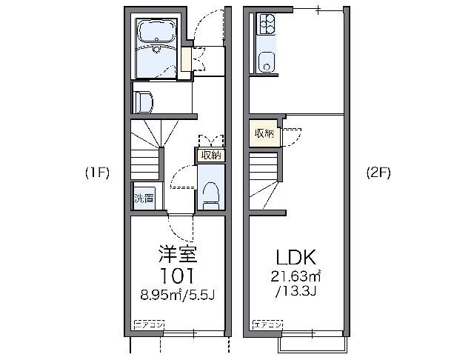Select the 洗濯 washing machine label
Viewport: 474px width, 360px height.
[144, 198]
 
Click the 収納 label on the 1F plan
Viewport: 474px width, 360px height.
[210, 155]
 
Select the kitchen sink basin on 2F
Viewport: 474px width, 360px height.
[265, 63]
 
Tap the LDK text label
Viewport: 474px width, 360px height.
[296, 258]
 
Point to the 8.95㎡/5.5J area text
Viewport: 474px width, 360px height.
[178, 296]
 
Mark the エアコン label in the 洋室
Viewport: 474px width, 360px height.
[149, 324]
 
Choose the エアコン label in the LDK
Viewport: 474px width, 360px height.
[267, 324]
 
